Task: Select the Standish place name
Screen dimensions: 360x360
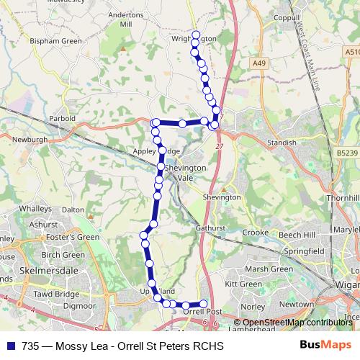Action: point(282,143)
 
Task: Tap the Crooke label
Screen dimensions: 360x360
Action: point(255,233)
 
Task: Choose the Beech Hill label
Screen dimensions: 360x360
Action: point(297,235)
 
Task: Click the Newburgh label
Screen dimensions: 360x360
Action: point(30,139)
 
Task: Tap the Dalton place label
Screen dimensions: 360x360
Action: point(73,210)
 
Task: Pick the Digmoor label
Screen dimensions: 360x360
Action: point(79,306)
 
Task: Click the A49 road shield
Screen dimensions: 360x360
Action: point(259,64)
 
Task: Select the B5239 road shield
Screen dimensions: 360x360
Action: point(346,153)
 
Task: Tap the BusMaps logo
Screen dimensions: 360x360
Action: point(320,346)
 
